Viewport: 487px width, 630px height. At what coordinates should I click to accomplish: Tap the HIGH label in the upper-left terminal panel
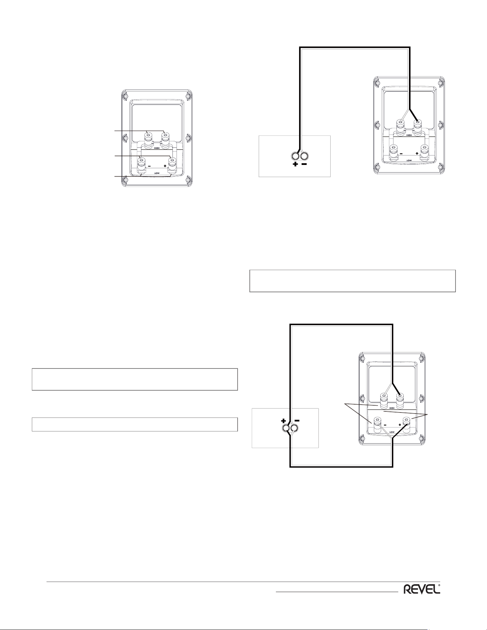point(156,148)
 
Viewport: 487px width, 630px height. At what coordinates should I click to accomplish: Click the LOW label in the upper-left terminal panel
point(156,173)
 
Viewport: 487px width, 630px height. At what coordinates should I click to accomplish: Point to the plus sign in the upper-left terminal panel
point(165,166)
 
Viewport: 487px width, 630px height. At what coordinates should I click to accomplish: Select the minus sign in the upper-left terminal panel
point(149,166)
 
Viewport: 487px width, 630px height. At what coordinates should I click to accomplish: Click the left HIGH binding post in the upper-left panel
point(148,139)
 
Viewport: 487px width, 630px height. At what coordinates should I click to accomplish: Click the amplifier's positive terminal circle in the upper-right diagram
point(296,156)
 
